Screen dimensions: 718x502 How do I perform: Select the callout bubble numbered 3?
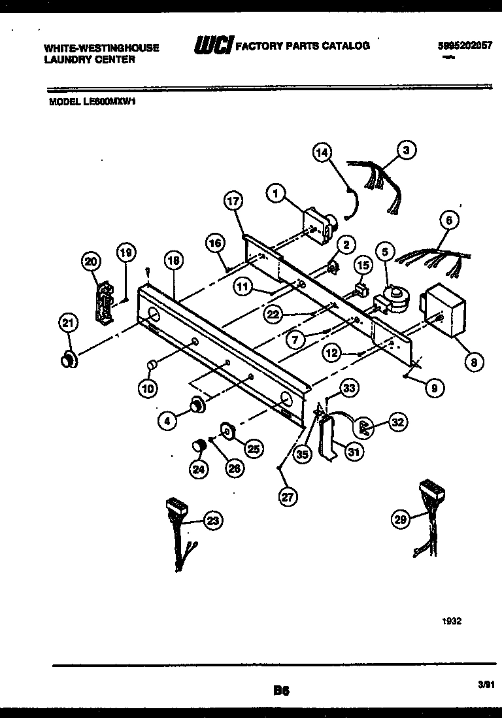point(406,150)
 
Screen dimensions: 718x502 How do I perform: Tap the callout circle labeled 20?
point(92,262)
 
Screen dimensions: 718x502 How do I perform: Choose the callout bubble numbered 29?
point(401,519)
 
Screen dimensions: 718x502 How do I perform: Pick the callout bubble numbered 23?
point(211,521)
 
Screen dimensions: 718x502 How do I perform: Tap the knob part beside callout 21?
point(67,360)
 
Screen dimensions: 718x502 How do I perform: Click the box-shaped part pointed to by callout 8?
point(444,311)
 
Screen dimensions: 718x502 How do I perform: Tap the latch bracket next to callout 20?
point(102,302)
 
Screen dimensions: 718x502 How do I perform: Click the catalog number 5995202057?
point(465,46)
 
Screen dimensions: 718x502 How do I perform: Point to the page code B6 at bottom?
point(282,689)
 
